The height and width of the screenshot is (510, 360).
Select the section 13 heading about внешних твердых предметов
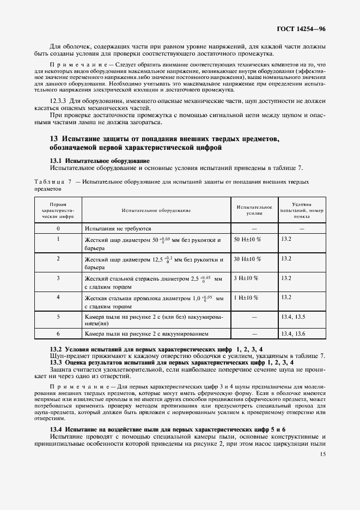164,143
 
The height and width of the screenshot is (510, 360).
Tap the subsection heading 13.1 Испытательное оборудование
100,161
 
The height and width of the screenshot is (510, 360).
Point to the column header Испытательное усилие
254,210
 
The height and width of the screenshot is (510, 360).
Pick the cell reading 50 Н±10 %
247,240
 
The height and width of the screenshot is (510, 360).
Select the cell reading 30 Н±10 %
247,259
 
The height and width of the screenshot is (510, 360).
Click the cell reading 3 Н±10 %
246,278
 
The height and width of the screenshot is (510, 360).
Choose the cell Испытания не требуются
118,229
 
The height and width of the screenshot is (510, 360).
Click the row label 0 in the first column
58,229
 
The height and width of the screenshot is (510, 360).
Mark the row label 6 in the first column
58,333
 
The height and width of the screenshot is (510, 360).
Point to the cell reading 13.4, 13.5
293,316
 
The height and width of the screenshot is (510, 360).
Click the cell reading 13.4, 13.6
293,333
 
